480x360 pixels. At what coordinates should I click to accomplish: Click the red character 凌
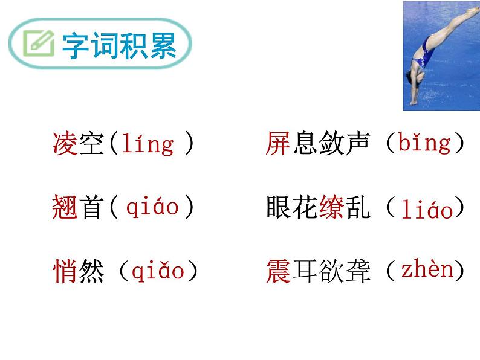click(65, 144)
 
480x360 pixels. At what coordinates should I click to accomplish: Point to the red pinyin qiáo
click(152, 207)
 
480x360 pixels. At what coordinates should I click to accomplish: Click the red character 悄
click(65, 272)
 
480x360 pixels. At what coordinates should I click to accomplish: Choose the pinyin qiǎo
click(158, 272)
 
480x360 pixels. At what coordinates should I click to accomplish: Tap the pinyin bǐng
click(425, 143)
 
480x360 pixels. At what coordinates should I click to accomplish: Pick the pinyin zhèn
click(427, 270)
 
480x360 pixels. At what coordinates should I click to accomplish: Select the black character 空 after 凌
click(91, 144)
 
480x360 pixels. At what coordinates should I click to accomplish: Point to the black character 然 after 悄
click(91, 272)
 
